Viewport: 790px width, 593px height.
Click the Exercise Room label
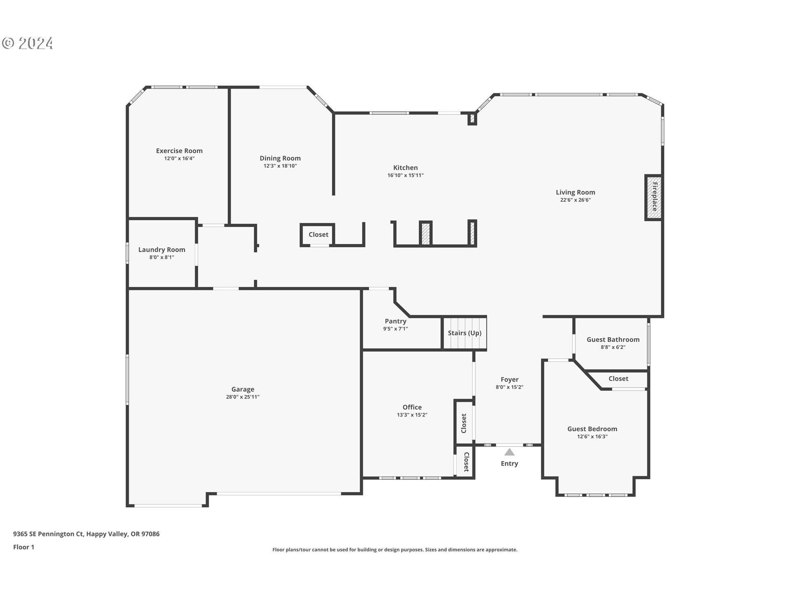[x=179, y=151]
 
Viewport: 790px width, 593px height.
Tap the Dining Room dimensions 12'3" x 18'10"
[x=280, y=166]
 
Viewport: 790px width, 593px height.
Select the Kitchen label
[x=405, y=168]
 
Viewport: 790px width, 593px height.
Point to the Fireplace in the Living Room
[x=653, y=198]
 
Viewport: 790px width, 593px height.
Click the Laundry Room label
[x=162, y=250]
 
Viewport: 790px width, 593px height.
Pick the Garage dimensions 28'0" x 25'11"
[x=243, y=397]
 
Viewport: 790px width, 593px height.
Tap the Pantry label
[x=395, y=321]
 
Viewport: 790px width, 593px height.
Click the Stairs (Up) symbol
[x=465, y=333]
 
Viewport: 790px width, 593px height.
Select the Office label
[x=412, y=407]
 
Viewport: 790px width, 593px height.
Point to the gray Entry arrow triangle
[x=509, y=452]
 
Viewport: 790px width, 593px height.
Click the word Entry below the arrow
[x=509, y=464]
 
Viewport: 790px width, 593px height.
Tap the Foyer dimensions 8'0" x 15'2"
[x=509, y=387]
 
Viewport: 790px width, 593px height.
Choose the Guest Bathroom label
[x=613, y=339]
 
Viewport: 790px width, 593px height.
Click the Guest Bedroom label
[x=592, y=429]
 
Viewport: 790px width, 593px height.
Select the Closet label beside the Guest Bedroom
[x=618, y=378]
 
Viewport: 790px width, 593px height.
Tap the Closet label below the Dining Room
[x=318, y=234]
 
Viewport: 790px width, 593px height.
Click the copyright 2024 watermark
[x=28, y=43]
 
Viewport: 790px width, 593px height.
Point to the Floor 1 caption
[x=24, y=547]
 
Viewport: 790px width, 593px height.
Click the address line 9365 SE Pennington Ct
[x=49, y=534]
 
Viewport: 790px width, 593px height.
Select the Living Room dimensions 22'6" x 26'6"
[x=575, y=200]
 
